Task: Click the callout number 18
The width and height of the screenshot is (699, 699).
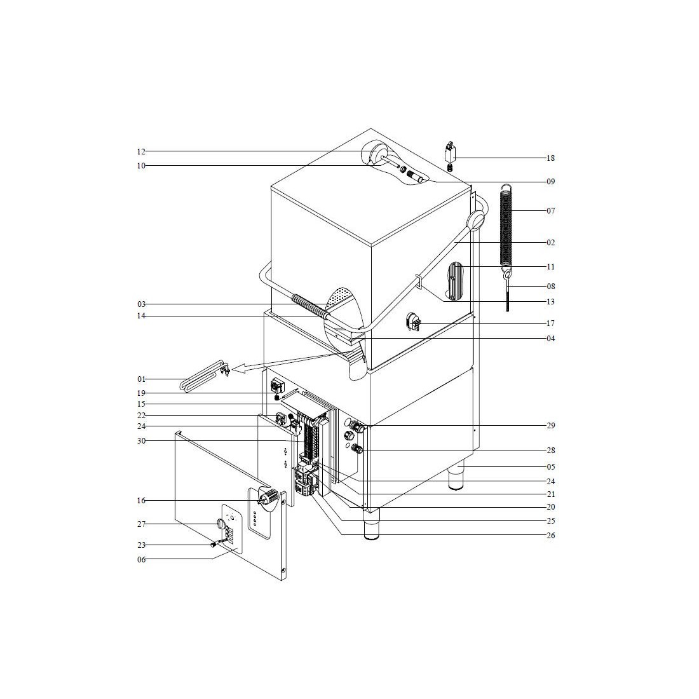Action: pyautogui.click(x=550, y=158)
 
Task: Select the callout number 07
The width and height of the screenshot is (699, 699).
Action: pyautogui.click(x=550, y=211)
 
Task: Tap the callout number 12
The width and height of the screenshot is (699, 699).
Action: pyautogui.click(x=141, y=152)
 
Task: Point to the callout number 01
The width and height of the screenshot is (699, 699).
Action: pyautogui.click(x=141, y=379)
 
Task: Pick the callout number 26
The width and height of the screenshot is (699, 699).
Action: pyautogui.click(x=550, y=536)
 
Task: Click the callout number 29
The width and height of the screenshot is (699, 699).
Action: pyautogui.click(x=550, y=426)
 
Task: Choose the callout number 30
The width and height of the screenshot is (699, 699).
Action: pyautogui.click(x=141, y=441)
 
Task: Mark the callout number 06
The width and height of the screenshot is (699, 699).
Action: pyautogui.click(x=141, y=559)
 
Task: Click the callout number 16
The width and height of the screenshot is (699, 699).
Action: pyautogui.click(x=141, y=501)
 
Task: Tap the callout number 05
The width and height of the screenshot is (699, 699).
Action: pyautogui.click(x=550, y=467)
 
